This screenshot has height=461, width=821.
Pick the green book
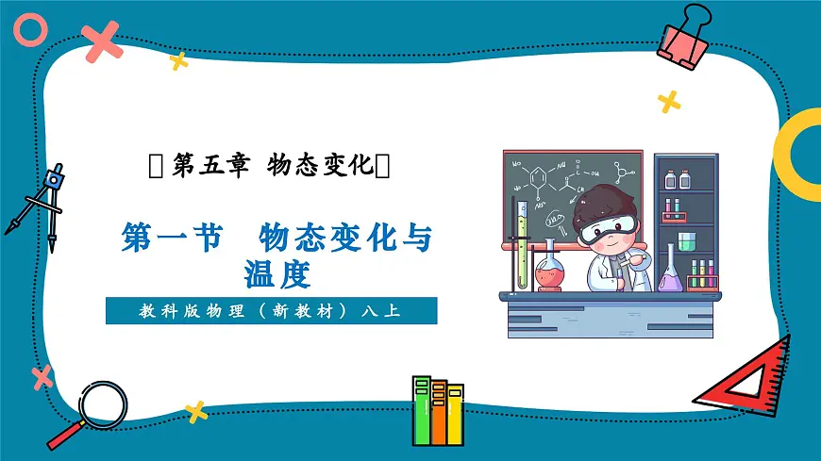coord(421,410)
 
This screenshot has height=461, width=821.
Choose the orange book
coord(439,412)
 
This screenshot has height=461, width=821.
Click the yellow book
coord(455,415)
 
